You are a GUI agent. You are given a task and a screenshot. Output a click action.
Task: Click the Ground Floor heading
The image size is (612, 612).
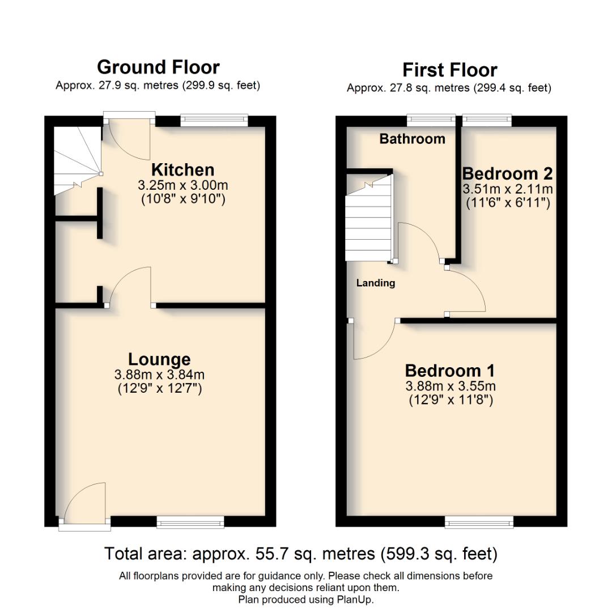(x=158, y=67)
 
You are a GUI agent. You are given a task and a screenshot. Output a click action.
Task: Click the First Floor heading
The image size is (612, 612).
(x=449, y=70)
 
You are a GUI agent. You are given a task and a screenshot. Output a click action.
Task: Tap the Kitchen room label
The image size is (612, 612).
(x=182, y=170)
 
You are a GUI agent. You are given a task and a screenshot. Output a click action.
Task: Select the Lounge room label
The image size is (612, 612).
(x=159, y=359)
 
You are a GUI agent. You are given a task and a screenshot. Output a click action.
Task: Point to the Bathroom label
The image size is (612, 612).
(x=412, y=139)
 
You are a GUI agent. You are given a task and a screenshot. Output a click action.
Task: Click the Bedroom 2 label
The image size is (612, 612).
(x=507, y=173)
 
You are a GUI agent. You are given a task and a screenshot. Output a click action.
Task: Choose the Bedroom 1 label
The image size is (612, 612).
(x=449, y=371)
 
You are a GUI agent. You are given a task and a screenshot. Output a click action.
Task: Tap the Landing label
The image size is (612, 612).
(x=376, y=283)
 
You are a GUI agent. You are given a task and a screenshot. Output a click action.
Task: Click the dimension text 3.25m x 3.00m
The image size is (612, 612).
(x=182, y=185)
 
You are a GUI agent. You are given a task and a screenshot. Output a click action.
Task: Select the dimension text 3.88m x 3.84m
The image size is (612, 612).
(x=159, y=375)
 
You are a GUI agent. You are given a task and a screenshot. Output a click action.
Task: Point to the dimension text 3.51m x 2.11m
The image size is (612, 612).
(x=508, y=189)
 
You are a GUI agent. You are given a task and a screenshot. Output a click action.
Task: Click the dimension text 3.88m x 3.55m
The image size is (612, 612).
(x=450, y=386)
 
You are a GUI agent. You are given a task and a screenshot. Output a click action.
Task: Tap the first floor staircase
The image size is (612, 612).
(x=369, y=221)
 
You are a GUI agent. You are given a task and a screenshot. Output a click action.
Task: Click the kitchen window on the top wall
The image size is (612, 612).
(x=214, y=120)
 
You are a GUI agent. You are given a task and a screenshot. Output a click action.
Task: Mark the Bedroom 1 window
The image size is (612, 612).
(x=479, y=522)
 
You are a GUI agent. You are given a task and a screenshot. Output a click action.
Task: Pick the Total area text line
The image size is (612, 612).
(x=301, y=553)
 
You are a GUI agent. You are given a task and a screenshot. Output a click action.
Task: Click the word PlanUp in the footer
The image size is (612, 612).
(x=356, y=600)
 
